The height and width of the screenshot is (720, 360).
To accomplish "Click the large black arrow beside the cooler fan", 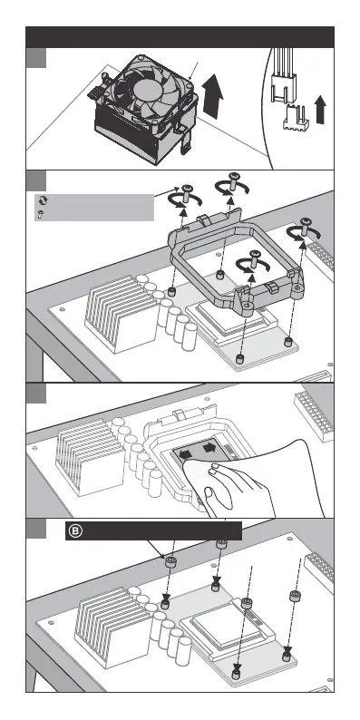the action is pos(212,96).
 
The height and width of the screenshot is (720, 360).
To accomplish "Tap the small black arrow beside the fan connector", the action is pos(320,110).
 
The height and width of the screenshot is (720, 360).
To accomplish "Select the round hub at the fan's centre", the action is pos(146,88).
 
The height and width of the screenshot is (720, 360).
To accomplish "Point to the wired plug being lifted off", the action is pos(282,86).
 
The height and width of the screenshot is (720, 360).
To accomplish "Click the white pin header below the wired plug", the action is pos(296,118).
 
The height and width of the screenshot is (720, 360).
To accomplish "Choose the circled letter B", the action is pos(76,531).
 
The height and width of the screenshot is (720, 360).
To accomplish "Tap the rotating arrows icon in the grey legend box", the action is pos(42,200).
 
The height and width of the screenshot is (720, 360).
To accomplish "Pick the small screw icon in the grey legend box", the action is pos(41,213).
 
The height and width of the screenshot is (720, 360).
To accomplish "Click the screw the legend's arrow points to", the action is pos(187,193).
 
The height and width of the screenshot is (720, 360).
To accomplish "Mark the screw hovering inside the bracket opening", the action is pos(254,258).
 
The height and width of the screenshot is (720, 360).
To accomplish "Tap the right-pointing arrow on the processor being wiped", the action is pos(209,447).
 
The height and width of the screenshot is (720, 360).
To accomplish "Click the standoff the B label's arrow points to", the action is pos(170,562).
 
